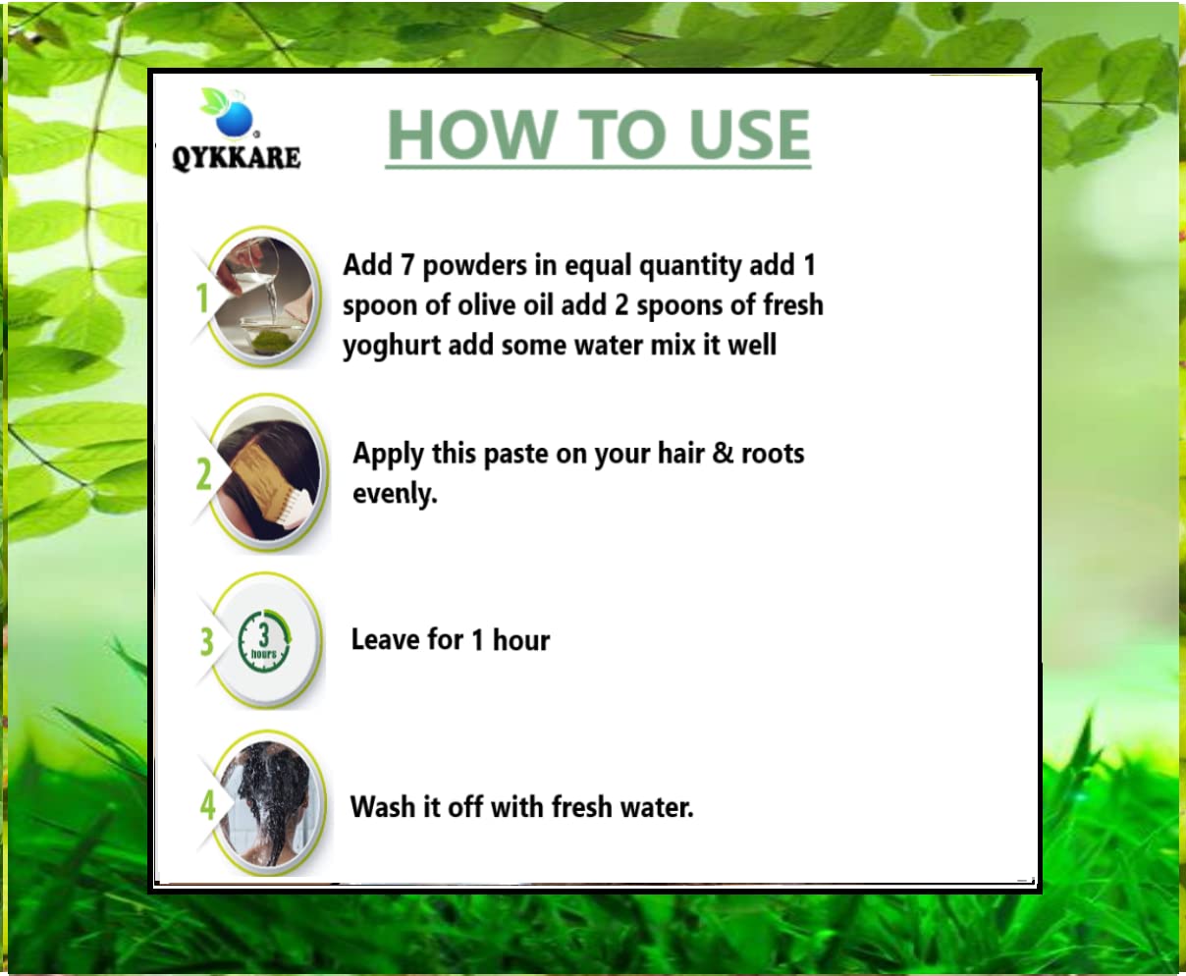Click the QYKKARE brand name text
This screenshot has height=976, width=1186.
coord(237,157)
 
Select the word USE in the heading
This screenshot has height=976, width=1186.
coord(749,135)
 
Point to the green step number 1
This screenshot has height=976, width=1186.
coord(202,298)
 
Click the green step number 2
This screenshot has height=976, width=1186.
coord(203,474)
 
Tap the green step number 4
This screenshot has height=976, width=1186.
coord(207,805)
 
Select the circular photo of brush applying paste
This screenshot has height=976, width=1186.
coord(268,472)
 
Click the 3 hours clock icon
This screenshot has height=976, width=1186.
coord(264,641)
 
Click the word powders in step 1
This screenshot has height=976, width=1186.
coord(474,266)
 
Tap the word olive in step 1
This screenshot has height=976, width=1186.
coord(488,305)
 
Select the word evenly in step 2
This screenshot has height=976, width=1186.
coord(395,494)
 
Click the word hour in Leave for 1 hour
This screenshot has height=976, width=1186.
coord(521,640)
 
